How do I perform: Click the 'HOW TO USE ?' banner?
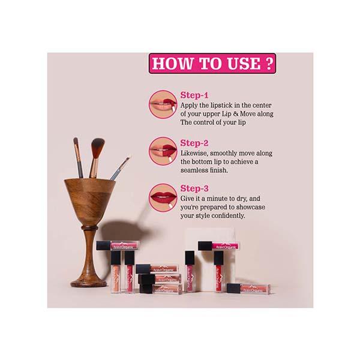[x=212, y=64]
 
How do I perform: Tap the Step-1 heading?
[x=194, y=95]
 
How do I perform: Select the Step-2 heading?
[x=194, y=143]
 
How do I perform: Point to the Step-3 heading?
[x=194, y=188]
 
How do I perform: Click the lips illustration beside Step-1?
[x=163, y=104]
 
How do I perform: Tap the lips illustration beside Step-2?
[x=163, y=151]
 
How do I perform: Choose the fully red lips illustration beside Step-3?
[x=163, y=197]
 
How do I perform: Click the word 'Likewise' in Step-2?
[x=194, y=154]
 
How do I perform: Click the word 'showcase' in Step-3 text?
[x=251, y=207]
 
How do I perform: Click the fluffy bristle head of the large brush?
[x=98, y=148]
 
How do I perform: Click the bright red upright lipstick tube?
[x=218, y=272]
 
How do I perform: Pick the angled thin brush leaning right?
[x=119, y=168]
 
